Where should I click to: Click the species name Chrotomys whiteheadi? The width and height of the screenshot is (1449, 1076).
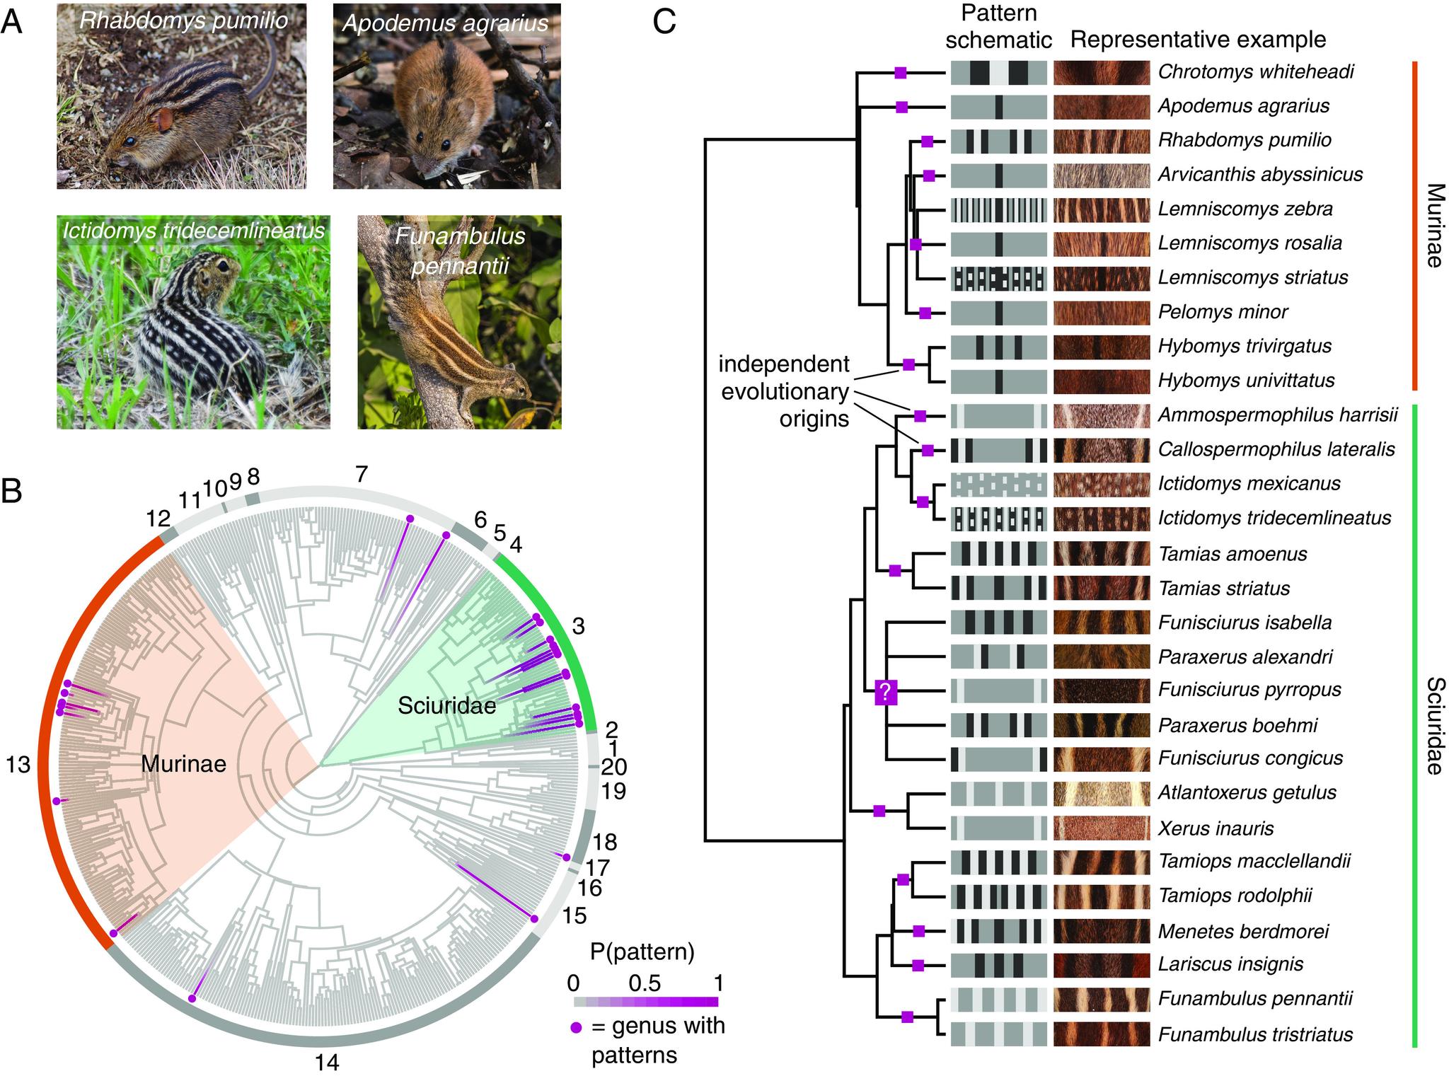(x=1256, y=72)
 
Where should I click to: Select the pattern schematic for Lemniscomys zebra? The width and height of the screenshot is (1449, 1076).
(x=998, y=209)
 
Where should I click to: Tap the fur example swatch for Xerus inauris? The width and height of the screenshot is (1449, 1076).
(x=1102, y=828)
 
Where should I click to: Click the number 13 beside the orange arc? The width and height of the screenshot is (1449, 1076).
(x=18, y=764)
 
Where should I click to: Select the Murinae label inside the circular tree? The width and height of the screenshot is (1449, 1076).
(x=183, y=763)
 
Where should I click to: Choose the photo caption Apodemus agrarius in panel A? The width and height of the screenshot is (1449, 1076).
(x=445, y=23)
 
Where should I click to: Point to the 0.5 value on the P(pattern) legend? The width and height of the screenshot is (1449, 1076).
(x=645, y=983)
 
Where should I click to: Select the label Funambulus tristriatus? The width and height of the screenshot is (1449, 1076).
(x=1255, y=1034)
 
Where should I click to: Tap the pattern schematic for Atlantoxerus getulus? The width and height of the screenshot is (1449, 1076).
(x=998, y=793)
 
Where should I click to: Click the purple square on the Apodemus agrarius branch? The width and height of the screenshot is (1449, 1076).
(x=901, y=107)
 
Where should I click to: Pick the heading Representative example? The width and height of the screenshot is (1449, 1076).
(x=1198, y=40)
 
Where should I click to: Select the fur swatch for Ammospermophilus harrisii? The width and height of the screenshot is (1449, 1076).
(x=1102, y=415)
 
